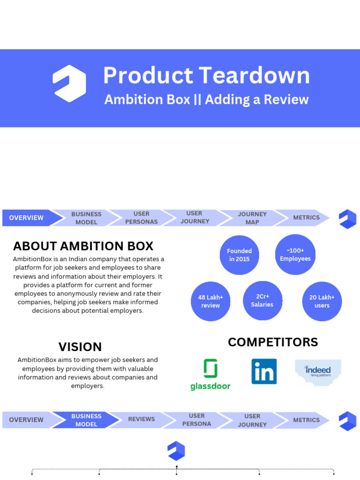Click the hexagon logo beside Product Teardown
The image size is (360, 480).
[x=69, y=83]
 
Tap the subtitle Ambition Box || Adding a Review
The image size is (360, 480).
[x=206, y=99]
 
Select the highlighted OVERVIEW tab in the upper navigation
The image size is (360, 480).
[x=27, y=218]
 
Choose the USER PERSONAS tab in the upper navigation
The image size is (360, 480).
[x=142, y=218]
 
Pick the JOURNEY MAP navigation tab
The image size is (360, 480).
[x=252, y=218]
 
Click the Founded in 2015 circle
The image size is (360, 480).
[x=240, y=255]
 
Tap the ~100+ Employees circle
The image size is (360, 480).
[x=295, y=255]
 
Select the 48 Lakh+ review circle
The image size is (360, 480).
[x=210, y=301]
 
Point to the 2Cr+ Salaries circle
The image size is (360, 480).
[x=262, y=300]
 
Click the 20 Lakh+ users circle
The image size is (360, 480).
[x=322, y=301]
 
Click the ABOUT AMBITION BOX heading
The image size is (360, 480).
[x=83, y=246]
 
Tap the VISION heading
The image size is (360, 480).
[x=80, y=347]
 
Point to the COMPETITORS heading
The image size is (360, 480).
[x=273, y=342]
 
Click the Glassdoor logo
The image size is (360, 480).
[x=210, y=374]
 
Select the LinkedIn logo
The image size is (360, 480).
[x=264, y=371]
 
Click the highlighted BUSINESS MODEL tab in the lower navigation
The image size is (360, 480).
[x=86, y=420]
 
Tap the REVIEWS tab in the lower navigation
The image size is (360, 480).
[x=142, y=420]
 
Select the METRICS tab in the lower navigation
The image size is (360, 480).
[x=306, y=420]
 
